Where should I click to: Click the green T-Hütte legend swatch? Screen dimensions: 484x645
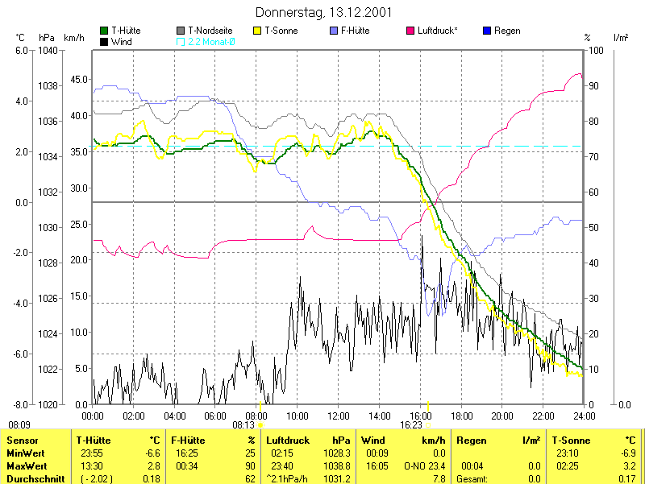pos(104,31)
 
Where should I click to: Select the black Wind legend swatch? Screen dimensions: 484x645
pos(104,40)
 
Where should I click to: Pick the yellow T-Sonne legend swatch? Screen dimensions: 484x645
pos(258,31)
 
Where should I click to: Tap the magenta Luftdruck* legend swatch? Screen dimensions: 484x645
pos(411,31)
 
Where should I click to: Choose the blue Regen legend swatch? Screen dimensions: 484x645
pos(486,31)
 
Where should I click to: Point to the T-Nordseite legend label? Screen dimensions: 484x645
pos(211,31)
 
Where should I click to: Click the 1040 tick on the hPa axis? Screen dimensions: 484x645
pos(48,50)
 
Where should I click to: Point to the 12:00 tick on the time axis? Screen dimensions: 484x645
pos(339,416)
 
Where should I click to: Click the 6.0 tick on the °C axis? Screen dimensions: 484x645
pos(21,50)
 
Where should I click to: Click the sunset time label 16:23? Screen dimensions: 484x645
pos(411,424)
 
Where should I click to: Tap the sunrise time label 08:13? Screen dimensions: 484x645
pos(244,424)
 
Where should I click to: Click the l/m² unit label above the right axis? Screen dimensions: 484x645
pos(621,37)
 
